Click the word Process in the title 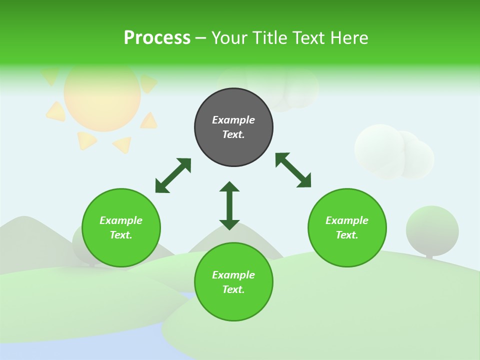(157, 38)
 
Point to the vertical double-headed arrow (229, 205)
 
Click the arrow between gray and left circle (173, 175)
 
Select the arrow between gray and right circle (293, 170)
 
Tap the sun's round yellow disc (102, 95)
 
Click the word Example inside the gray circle (233, 120)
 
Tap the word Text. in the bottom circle (233, 289)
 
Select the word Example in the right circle (347, 220)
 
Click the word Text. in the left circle (121, 235)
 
